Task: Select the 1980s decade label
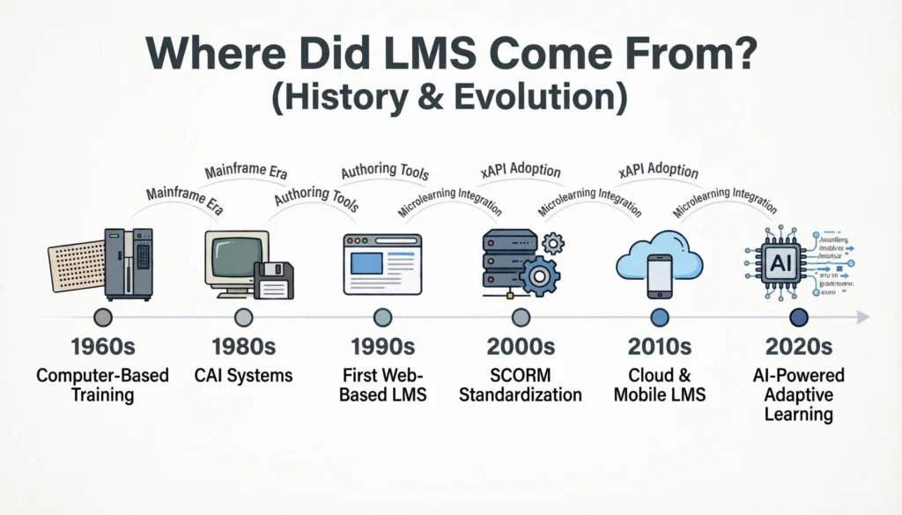[x=244, y=347]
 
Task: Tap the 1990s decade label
[x=382, y=347]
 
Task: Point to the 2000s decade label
[x=521, y=347]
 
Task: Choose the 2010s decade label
[x=659, y=347]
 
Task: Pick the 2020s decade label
[x=799, y=347]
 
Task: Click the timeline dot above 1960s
[x=103, y=317]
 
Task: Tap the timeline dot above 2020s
[x=799, y=317]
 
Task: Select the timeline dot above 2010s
[x=659, y=317]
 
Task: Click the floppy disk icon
[x=274, y=280]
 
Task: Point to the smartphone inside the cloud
[x=659, y=275]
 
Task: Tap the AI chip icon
[x=779, y=264]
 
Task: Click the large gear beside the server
[x=539, y=276]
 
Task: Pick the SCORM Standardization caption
[x=521, y=385]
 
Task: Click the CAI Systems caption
[x=244, y=376]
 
